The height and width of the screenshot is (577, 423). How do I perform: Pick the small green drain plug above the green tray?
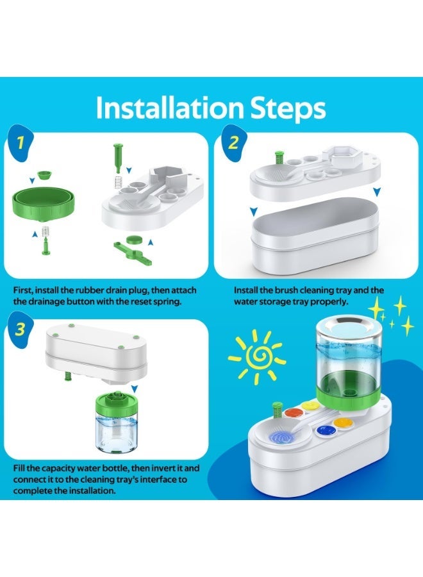click(44, 174)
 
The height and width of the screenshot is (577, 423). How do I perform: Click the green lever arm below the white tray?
click(128, 247)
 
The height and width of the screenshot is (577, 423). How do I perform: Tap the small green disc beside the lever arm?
click(134, 238)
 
